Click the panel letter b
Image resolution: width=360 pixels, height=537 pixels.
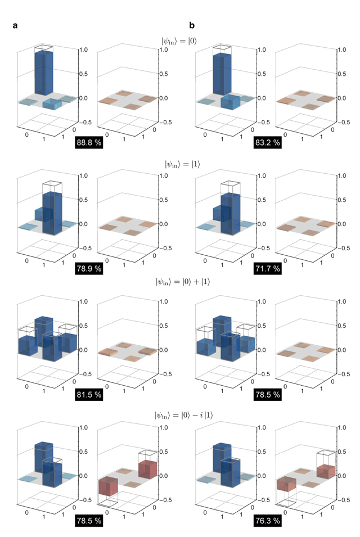(x=192, y=25)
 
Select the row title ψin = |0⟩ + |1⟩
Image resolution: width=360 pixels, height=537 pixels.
(x=179, y=291)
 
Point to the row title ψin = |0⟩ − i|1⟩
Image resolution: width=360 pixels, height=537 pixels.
(x=179, y=416)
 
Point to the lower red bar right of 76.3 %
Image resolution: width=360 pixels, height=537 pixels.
(x=286, y=485)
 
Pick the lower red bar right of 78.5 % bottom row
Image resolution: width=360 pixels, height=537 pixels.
(x=108, y=487)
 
